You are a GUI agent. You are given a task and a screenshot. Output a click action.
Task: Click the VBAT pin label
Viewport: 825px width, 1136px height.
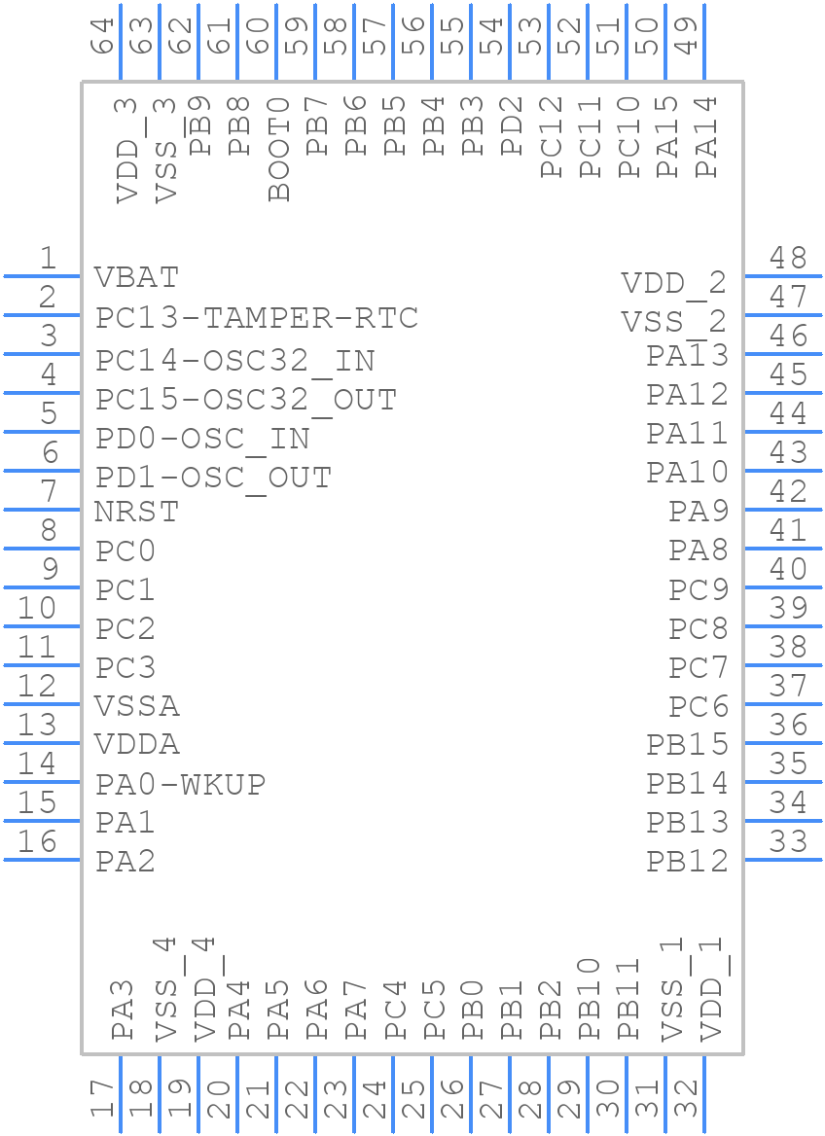click(137, 277)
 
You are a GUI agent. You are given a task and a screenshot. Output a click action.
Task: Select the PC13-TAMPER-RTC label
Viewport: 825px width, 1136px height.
click(257, 318)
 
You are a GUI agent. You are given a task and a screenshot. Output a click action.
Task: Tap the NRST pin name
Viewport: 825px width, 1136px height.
click(137, 511)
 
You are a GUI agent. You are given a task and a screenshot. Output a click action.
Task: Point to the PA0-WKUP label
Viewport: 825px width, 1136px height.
click(181, 784)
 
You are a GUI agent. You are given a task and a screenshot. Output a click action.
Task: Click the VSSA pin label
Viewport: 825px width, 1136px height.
click(137, 705)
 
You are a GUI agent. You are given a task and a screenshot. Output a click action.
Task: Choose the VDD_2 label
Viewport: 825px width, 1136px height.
click(674, 283)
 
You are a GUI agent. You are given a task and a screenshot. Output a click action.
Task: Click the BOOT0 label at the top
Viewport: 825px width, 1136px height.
click(279, 148)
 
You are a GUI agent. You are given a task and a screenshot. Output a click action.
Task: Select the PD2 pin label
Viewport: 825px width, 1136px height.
click(513, 125)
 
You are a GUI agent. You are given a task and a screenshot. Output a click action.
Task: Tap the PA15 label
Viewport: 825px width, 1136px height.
click(667, 136)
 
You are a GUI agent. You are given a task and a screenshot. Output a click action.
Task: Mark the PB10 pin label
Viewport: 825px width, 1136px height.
click(590, 999)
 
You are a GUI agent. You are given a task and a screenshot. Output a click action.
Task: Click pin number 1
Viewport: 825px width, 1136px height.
click(47, 259)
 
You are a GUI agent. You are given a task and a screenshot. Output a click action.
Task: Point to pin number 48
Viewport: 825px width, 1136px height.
click(788, 259)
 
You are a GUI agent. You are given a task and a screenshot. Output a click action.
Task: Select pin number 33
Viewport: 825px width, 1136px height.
click(788, 842)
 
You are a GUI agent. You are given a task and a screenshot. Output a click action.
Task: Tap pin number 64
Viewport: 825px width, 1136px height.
click(103, 36)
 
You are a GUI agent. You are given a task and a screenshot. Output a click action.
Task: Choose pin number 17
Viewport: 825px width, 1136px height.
click(103, 1100)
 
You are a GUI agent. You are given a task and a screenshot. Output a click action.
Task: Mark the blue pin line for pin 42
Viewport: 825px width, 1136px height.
click(783, 510)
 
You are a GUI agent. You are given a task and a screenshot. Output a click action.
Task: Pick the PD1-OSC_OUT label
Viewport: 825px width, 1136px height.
click(214, 479)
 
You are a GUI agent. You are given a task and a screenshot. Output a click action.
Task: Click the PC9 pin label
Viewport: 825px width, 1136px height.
click(699, 590)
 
